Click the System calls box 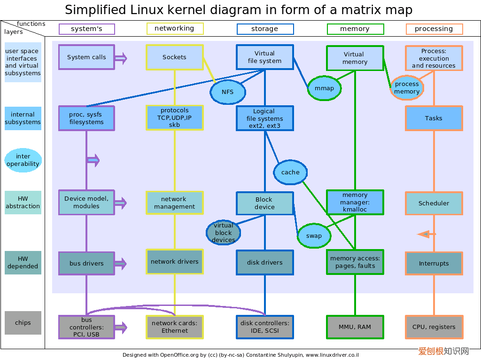(x=86, y=57)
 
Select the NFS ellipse (x=228, y=92)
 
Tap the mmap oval (x=324, y=88)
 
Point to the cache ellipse (x=290, y=172)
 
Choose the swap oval (x=314, y=236)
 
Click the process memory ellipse (x=407, y=88)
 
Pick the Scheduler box (x=434, y=203)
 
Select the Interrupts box (x=434, y=263)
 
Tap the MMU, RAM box (x=355, y=327)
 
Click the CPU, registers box (x=434, y=327)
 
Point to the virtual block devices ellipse (x=223, y=233)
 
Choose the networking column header (x=175, y=29)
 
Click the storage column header (x=265, y=29)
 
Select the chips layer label (x=23, y=323)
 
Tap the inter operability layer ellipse (x=23, y=160)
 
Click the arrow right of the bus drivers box (x=121, y=264)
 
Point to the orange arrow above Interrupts (x=427, y=234)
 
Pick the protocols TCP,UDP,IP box (x=175, y=117)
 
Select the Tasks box (x=434, y=118)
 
